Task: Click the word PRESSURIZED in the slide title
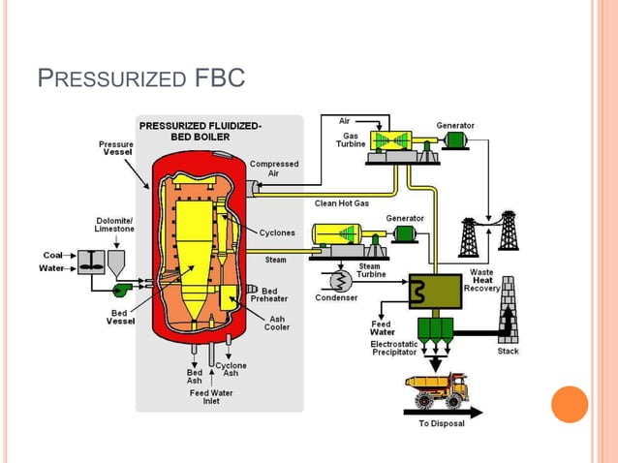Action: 107,77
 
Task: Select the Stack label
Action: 508,352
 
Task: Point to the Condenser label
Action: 335,298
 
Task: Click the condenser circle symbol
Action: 340,280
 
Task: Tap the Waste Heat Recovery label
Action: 481,280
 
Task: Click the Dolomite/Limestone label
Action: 114,225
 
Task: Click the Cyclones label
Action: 277,232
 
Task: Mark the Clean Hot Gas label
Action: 341,203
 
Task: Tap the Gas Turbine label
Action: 350,139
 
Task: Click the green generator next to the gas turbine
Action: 453,141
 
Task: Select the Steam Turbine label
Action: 369,270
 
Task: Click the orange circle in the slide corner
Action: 570,404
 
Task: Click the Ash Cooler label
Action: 277,323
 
